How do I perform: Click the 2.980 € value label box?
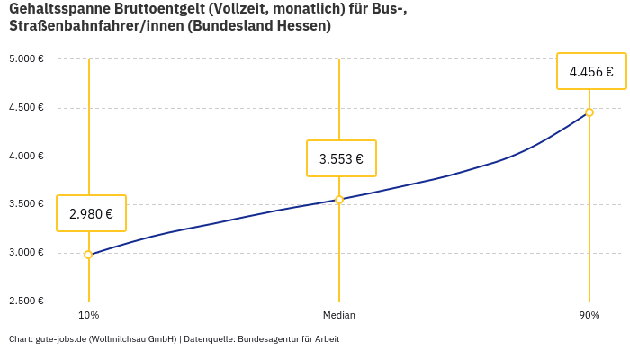[91, 213]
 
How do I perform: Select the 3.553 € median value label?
[341, 159]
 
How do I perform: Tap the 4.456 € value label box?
[591, 71]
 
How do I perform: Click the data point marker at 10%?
[88, 255]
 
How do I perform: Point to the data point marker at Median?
[339, 200]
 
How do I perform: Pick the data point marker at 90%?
[589, 112]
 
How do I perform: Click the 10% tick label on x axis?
[88, 315]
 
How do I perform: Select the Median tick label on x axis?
[339, 315]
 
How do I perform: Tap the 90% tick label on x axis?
[589, 315]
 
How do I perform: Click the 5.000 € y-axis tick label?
[26, 59]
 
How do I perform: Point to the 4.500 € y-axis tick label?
[26, 108]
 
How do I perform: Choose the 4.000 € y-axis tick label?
[26, 157]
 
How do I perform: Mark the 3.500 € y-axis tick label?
[26, 204]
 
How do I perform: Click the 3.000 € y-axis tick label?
[26, 253]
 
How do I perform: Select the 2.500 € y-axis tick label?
[26, 301]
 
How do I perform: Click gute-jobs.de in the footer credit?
[59, 339]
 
